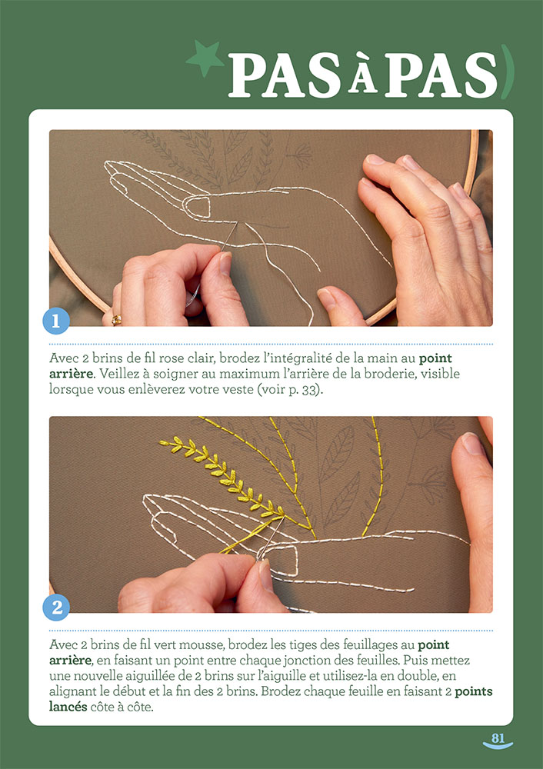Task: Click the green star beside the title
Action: (205, 59)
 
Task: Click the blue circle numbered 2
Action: (56, 608)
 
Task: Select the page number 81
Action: (498, 738)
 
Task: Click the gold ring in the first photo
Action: (117, 318)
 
